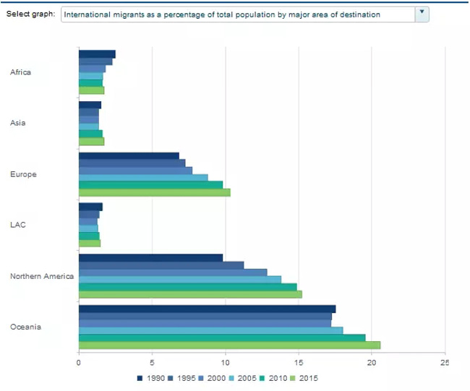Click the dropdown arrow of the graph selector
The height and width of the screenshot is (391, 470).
pyautogui.click(x=423, y=14)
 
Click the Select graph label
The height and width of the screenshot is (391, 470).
pyautogui.click(x=30, y=14)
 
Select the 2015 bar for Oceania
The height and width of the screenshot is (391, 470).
pyautogui.click(x=229, y=345)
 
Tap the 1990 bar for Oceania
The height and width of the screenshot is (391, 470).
pyautogui.click(x=207, y=309)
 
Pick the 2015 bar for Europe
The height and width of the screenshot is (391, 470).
pyautogui.click(x=154, y=192)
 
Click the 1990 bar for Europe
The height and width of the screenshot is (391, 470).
pyautogui.click(x=129, y=156)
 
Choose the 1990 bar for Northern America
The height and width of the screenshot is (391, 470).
pyautogui.click(x=150, y=257)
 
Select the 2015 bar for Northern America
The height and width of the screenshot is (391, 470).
pyautogui.click(x=190, y=294)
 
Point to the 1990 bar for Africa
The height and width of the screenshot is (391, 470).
pyautogui.click(x=97, y=54)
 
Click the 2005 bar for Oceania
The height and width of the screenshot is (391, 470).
pyautogui.click(x=210, y=330)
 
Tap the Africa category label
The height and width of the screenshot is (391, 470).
pyautogui.click(x=21, y=72)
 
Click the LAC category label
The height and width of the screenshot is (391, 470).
pyautogui.click(x=18, y=225)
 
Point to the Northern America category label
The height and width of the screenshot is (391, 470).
pyautogui.click(x=42, y=276)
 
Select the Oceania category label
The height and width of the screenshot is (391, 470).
pyautogui.click(x=25, y=327)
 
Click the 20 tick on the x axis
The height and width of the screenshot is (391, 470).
pyautogui.click(x=372, y=363)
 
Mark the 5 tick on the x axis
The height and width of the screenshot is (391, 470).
pyautogui.click(x=152, y=363)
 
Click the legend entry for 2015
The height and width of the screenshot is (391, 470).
pyautogui.click(x=306, y=378)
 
